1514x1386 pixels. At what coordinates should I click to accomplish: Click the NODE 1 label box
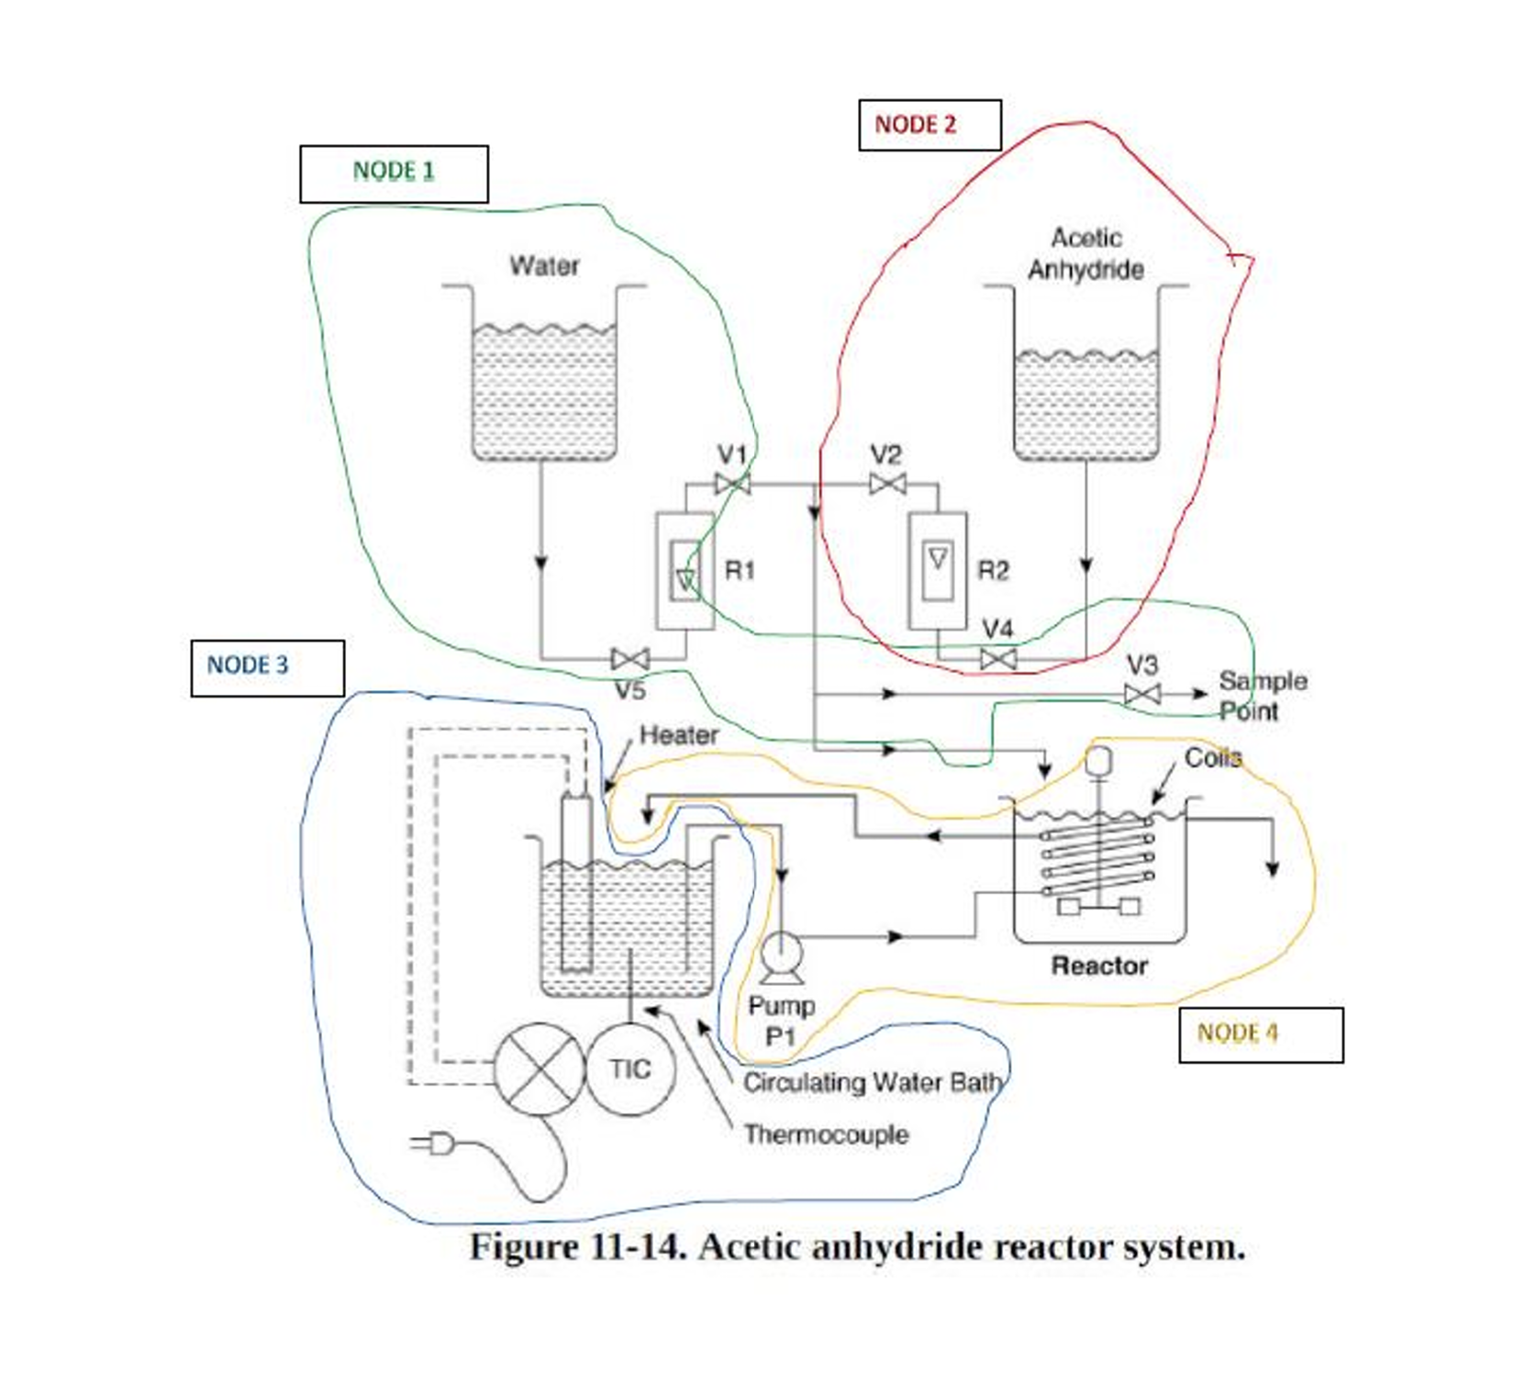coord(394,173)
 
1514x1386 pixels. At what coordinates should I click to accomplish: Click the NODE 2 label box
coord(929,125)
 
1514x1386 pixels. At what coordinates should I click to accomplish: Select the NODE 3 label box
coord(267,667)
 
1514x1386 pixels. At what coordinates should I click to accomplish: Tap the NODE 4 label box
coord(1260,1034)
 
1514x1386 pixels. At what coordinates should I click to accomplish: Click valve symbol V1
coord(732,484)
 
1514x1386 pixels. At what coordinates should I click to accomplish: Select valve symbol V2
coord(887,484)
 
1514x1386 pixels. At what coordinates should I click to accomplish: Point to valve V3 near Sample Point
coord(1142,694)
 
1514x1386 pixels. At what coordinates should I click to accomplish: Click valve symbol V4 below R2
coord(998,658)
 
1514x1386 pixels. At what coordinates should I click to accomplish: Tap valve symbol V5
coord(630,658)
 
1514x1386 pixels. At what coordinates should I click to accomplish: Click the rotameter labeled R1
coord(685,570)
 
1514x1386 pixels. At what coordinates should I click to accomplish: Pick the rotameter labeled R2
coord(937,570)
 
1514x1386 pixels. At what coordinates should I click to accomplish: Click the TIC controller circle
coord(630,1069)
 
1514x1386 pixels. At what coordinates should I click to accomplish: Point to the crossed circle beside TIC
coord(539,1069)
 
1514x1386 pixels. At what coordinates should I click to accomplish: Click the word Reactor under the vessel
coord(1099,966)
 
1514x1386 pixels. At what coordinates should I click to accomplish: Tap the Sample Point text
coord(1261,695)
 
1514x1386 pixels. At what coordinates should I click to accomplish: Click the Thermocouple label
coord(826,1135)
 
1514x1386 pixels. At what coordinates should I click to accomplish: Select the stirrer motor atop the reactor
coord(1098,759)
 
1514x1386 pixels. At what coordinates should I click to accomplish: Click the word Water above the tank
coord(544,266)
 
